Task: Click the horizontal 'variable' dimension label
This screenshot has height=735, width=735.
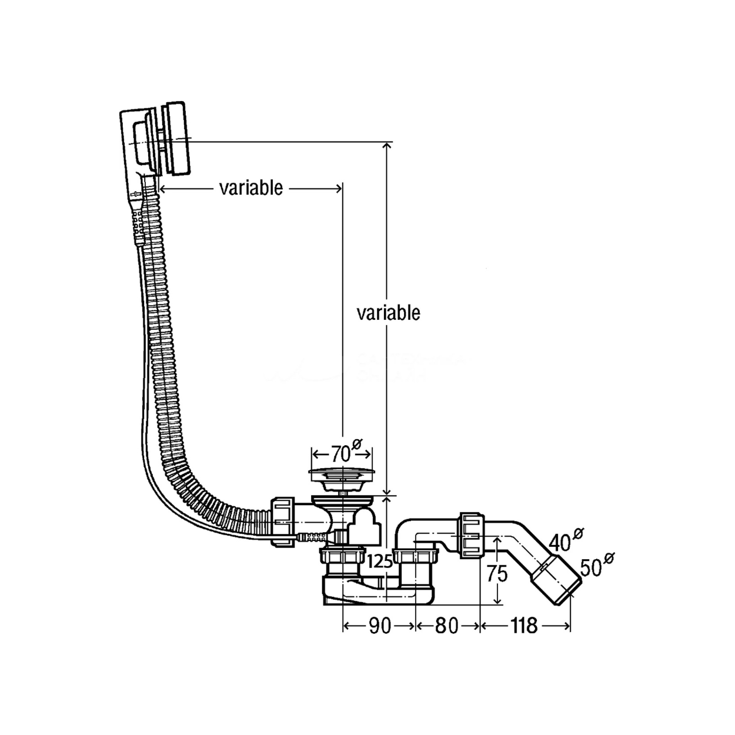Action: click(x=251, y=188)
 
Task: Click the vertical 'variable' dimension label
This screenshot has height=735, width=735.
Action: click(x=388, y=313)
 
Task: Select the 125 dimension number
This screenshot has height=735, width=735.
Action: click(x=380, y=561)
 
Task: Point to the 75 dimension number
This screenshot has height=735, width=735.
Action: click(x=497, y=573)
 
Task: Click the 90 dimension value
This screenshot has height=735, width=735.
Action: click(x=380, y=626)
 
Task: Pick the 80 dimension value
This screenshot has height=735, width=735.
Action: click(x=446, y=626)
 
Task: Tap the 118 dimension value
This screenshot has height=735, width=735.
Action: click(x=524, y=626)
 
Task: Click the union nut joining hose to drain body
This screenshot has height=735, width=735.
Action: click(x=283, y=522)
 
